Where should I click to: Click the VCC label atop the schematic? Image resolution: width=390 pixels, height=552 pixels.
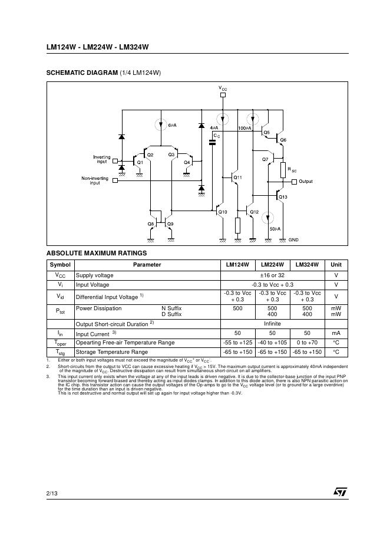click(223, 88)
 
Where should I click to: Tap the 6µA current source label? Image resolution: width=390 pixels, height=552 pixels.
click(173, 126)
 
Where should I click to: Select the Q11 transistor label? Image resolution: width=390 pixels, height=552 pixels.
click(237, 177)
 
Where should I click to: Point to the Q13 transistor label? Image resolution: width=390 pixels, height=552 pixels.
click(283, 196)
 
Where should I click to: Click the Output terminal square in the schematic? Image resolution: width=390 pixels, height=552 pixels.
click(294, 182)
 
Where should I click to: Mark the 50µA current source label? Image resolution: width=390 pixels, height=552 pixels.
click(275, 228)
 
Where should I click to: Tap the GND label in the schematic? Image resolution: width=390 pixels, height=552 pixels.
click(294, 240)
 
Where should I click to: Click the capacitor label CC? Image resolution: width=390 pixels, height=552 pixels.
click(217, 136)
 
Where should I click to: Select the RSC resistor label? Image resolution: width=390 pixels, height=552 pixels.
click(292, 170)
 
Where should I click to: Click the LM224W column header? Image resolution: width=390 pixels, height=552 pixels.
click(273, 265)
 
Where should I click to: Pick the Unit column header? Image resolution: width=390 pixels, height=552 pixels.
click(336, 265)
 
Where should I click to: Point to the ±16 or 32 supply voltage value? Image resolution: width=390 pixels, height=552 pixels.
click(273, 275)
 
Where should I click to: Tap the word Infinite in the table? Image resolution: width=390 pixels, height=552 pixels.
click(272, 324)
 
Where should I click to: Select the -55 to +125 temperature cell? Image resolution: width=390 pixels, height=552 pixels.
click(238, 342)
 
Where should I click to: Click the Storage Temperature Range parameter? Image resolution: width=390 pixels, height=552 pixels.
click(112, 352)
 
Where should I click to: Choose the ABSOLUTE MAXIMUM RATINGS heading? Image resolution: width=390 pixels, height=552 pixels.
click(92, 254)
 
